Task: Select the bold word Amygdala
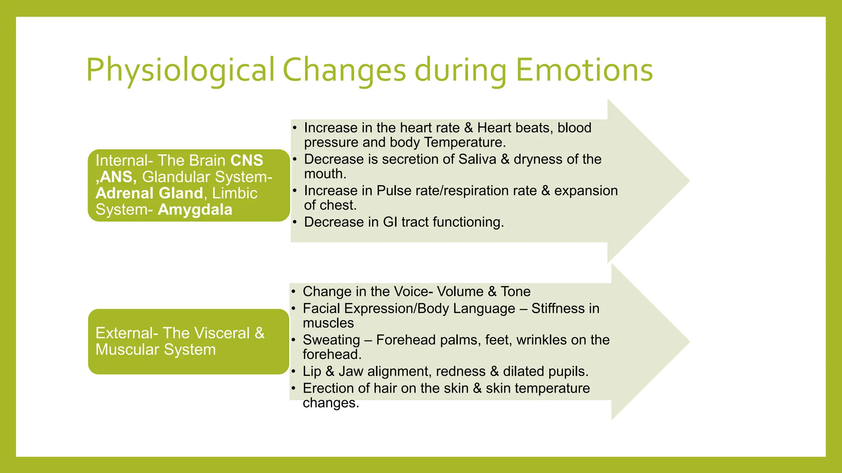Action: pyautogui.click(x=195, y=210)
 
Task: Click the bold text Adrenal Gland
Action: pyautogui.click(x=149, y=193)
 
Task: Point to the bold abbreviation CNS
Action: pyautogui.click(x=247, y=161)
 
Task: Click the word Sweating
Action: pyautogui.click(x=331, y=340)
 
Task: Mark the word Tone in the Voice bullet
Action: pyautogui.click(x=516, y=292)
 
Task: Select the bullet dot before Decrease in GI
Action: pyautogui.click(x=294, y=223)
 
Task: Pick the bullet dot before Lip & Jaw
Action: pyautogui.click(x=293, y=372)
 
